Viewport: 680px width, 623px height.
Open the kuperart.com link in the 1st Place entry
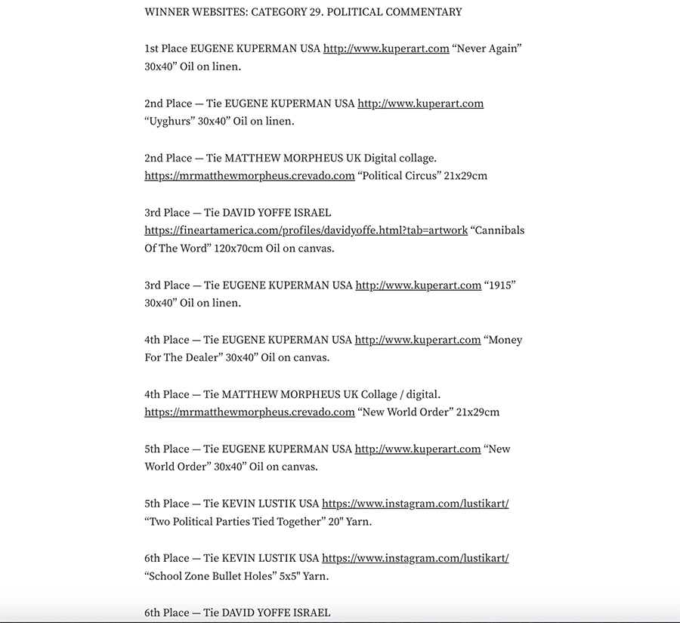[386, 49]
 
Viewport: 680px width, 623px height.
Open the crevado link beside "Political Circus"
[249, 176]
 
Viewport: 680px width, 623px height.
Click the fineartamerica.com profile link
[306, 230]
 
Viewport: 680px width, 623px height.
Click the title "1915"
[500, 285]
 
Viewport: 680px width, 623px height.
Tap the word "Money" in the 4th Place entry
[504, 340]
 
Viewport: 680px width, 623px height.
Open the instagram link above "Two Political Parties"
[415, 504]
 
